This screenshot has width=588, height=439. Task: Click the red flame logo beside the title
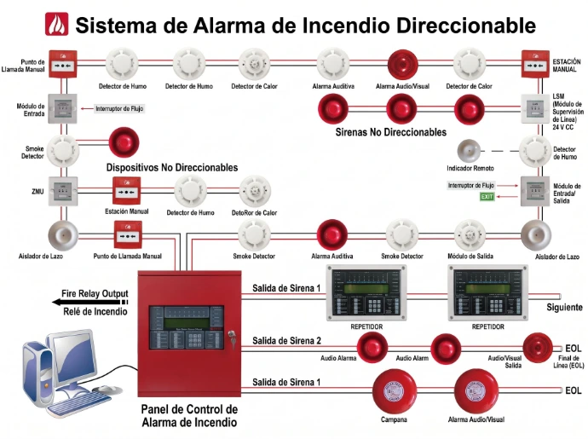coord(56,24)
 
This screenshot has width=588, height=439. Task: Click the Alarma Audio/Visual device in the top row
coord(402,65)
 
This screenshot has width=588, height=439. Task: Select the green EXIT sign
coord(487,197)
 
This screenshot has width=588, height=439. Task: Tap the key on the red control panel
coord(232,336)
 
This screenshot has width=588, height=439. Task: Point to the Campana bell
coord(394,391)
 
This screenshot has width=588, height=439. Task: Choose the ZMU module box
coord(63,191)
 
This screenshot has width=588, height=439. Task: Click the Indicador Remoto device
coord(469,151)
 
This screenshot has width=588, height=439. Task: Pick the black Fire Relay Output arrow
coord(90,302)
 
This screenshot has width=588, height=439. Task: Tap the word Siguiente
coord(564,307)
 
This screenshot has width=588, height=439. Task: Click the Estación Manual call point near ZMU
coord(127,191)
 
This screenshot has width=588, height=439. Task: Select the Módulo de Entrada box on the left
coord(62,109)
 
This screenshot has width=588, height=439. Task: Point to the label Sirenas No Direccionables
coord(391,132)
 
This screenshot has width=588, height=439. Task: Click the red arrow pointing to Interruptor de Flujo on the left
coord(87,109)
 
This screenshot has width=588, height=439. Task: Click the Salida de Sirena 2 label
coord(286,341)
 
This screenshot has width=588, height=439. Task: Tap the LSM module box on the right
coord(535,109)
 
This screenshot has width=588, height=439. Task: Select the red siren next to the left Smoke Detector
coord(124,142)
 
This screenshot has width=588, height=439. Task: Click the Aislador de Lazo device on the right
coord(536,235)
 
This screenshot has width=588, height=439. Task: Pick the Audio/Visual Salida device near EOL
coord(538,348)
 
